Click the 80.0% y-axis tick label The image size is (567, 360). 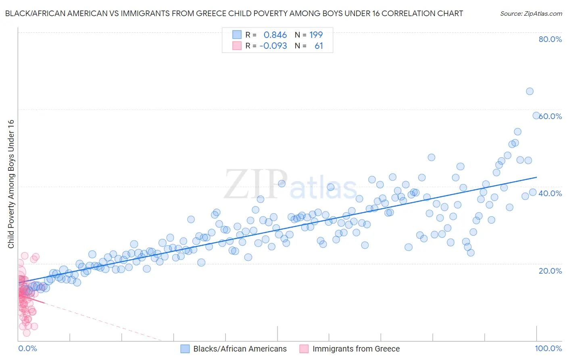coord(550,39)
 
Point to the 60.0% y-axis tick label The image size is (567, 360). coord(551,116)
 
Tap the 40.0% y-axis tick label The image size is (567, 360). coord(550,193)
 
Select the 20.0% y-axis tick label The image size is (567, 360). coord(550,270)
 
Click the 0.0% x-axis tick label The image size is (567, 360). coord(27,348)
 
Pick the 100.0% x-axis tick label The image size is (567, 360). coord(548,348)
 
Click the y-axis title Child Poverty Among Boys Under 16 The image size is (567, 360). coord(11,184)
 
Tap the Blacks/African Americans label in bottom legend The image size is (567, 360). coord(240,349)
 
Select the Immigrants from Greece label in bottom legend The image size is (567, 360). coord(356,349)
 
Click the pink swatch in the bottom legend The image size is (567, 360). coord(304,349)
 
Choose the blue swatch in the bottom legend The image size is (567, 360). coord(185,349)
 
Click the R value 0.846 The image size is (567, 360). coord(275,35)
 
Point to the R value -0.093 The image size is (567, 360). coord(273,46)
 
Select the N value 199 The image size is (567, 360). coord(316,35)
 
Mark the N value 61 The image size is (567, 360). coord(319,46)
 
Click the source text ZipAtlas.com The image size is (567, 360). coord(531,13)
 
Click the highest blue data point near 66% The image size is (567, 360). coord(529,91)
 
